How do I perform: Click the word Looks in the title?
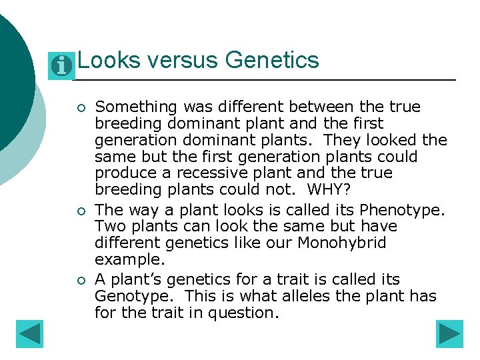pos(109,61)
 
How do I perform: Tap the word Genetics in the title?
pos(272,61)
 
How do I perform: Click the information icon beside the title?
pos(62,65)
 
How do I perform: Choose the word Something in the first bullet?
pos(137,107)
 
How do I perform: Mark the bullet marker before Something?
pos(81,108)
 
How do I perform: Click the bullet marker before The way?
pos(81,211)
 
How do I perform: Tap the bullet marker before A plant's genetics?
pos(81,281)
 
